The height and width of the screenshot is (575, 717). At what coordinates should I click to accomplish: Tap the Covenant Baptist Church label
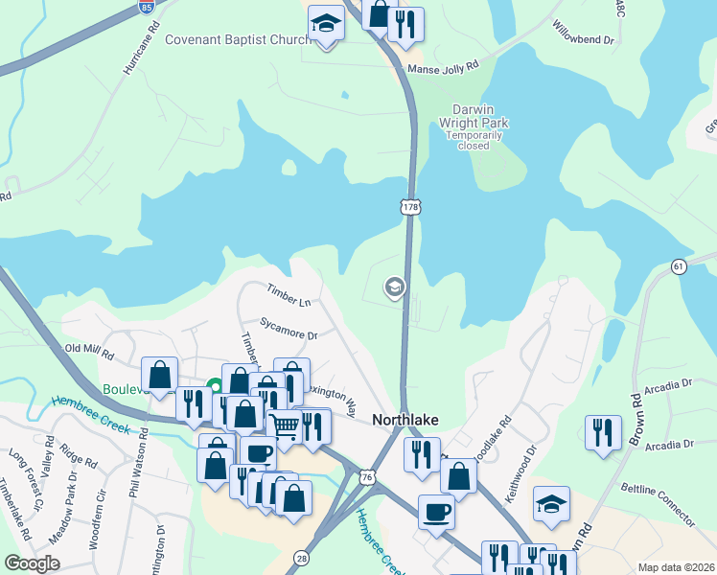point(238,39)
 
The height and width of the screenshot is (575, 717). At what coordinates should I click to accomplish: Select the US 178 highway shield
point(410,206)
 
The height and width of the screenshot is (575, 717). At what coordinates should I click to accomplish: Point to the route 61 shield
point(679,265)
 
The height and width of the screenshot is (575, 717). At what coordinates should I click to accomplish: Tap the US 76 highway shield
point(367,476)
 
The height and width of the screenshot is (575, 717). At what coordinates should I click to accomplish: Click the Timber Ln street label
point(289,295)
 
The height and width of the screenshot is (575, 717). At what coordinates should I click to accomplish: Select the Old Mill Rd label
point(89,348)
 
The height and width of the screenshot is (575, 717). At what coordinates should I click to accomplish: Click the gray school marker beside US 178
point(393,287)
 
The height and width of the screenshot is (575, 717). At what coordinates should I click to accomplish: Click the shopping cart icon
point(285,425)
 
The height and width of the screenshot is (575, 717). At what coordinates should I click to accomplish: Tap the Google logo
point(33,563)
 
